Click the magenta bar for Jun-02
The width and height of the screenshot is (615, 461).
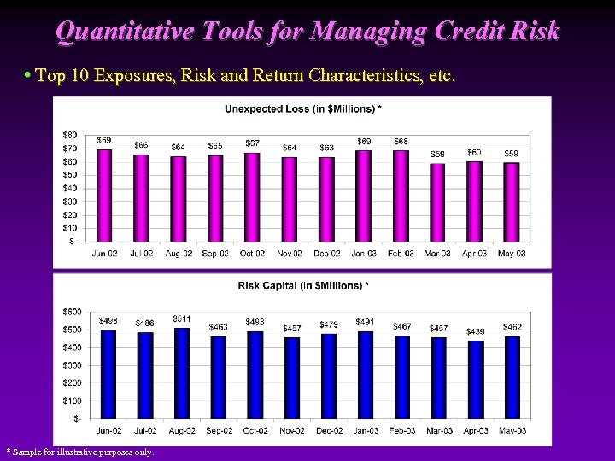point(104,195)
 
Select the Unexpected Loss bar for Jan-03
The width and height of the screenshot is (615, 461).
point(364,195)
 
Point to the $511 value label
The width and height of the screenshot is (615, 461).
point(182,318)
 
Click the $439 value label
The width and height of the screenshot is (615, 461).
point(476,331)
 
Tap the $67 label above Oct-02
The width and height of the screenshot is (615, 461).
point(253,143)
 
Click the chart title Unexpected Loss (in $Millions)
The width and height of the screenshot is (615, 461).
point(302,108)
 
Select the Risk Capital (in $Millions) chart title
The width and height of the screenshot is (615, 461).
point(303,285)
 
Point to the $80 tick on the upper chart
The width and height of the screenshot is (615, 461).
point(70,135)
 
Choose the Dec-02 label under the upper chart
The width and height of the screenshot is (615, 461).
point(327,254)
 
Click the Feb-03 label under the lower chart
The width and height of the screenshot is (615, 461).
point(401,430)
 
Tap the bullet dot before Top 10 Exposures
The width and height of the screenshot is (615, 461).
point(28,75)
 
